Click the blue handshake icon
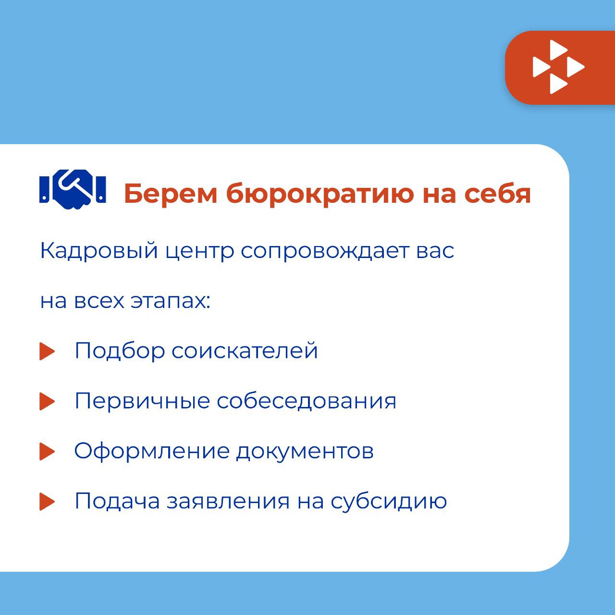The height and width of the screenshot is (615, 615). tap(73, 189)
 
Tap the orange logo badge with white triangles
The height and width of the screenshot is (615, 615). tap(560, 67)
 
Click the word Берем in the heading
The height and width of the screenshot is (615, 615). tap(171, 194)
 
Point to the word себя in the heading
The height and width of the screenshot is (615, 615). tap(498, 194)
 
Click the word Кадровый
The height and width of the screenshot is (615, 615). tap(99, 251)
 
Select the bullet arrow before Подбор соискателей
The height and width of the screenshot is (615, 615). tap(47, 351)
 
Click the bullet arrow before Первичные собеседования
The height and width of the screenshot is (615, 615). tap(47, 401)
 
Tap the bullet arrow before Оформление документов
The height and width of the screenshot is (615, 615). tap(47, 451)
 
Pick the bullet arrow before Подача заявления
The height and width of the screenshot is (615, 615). tap(47, 502)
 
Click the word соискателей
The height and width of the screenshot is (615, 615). tap(245, 351)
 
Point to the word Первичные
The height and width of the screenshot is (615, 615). tap(142, 401)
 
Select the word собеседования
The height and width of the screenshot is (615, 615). tap(307, 401)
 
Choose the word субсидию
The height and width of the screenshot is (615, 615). tap(389, 501)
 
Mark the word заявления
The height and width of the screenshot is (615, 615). tap(229, 502)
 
